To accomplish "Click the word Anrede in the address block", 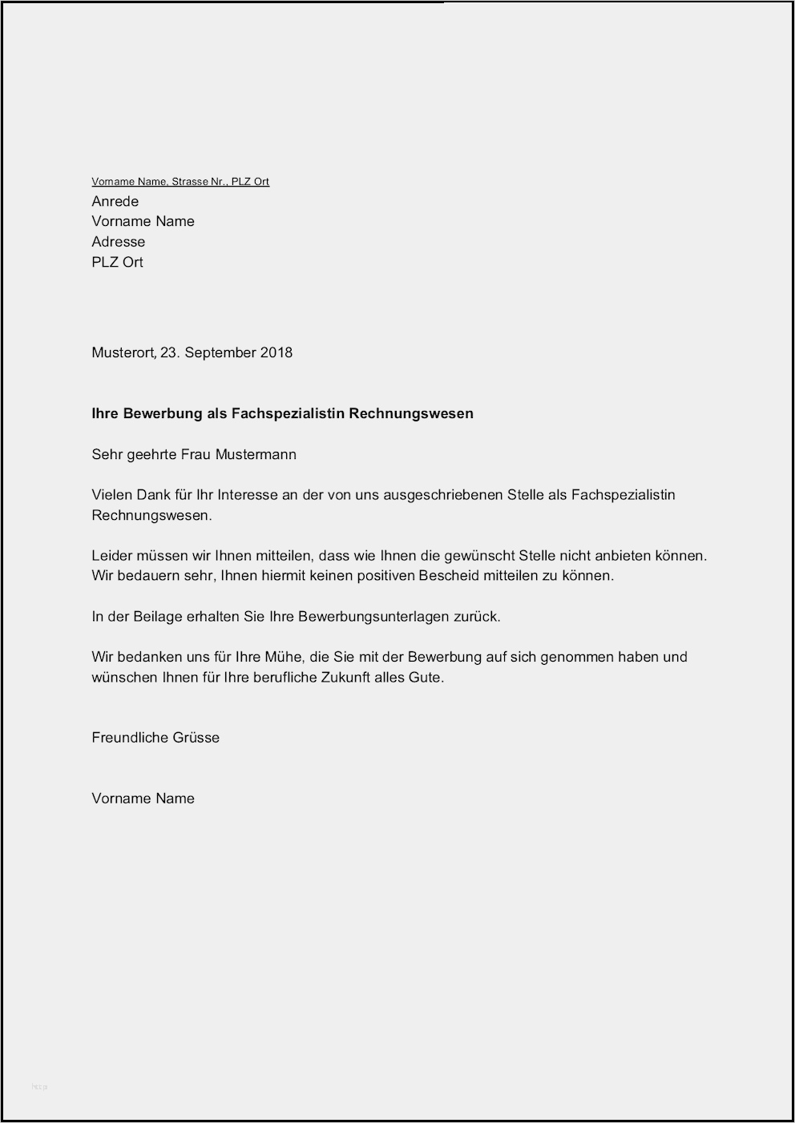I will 115,202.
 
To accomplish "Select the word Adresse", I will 119,242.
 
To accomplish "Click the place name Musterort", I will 123,352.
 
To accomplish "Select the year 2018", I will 276,352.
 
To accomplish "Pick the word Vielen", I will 111,495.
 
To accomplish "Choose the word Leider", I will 111,555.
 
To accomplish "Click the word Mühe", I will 284,657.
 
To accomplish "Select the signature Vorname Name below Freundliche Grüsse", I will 143,799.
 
